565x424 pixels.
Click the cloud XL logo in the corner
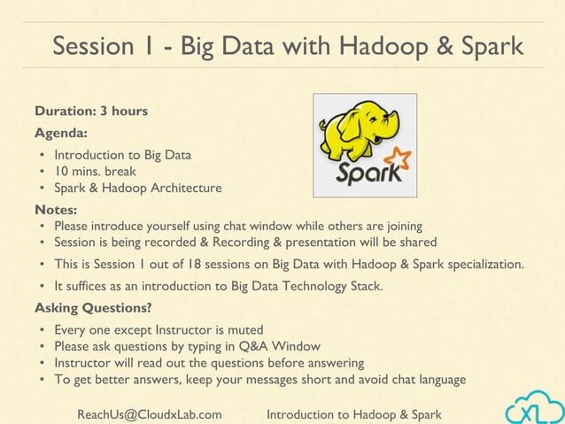click(533, 408)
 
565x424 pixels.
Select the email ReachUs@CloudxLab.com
click(150, 414)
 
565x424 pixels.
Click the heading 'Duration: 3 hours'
click(91, 112)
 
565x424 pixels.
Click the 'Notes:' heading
click(56, 210)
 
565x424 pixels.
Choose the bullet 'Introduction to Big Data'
click(122, 155)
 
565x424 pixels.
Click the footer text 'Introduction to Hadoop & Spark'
click(354, 414)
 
